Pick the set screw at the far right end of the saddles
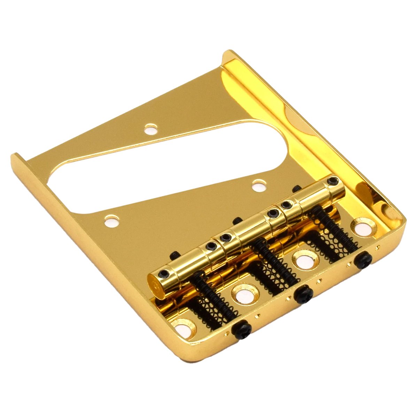(x=333, y=180)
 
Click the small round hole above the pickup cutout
(x=151, y=130)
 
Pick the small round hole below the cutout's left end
(x=112, y=221)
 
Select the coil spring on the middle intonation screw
(x=275, y=265)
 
